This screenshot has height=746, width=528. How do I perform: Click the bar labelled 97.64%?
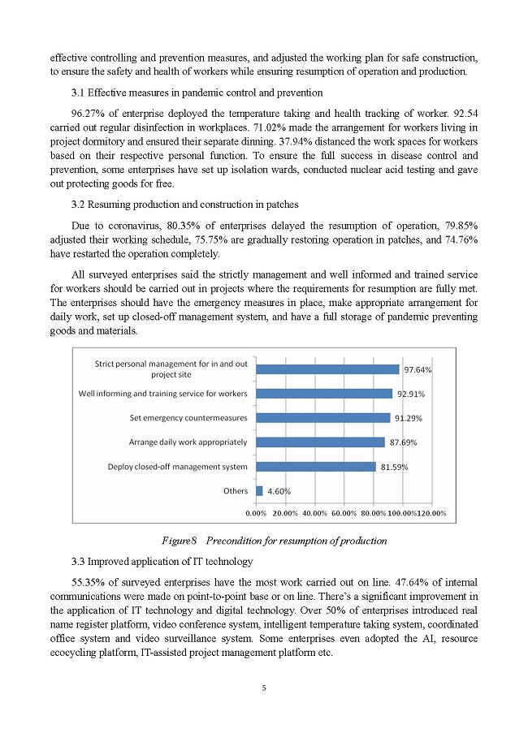[x=327, y=369]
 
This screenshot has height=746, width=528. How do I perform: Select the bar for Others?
[x=259, y=491]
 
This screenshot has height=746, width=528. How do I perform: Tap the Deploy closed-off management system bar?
[x=316, y=467]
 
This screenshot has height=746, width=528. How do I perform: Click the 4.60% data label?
[x=279, y=491]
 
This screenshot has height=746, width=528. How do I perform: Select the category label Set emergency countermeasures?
[x=188, y=418]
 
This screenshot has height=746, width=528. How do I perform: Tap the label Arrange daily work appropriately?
[x=188, y=442]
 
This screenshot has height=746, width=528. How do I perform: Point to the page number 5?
[x=264, y=688]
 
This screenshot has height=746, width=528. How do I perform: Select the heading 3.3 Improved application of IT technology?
[x=162, y=562]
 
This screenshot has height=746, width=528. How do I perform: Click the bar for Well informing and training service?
[x=324, y=394]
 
